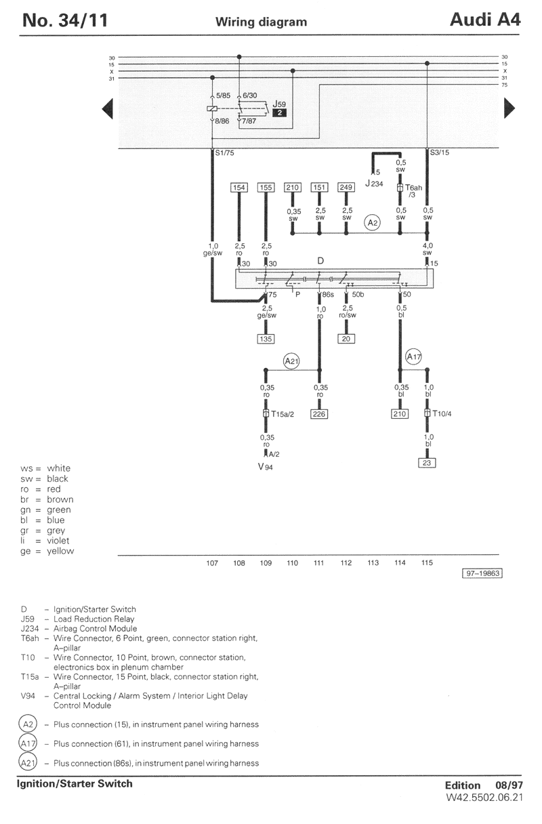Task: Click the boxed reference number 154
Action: coord(238,188)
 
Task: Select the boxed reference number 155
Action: coord(265,188)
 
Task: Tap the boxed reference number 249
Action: coord(346,188)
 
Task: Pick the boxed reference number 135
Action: coord(265,339)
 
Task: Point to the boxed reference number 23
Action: coord(427,463)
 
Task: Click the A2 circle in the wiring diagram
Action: coord(372,222)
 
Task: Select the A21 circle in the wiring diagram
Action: coord(291,362)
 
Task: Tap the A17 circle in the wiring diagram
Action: coord(413,356)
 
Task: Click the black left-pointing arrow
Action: coord(106,108)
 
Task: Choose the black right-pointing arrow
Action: coord(509,108)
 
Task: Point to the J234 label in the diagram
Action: coord(373,183)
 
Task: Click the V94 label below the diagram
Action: coord(266,468)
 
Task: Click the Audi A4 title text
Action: coord(485,20)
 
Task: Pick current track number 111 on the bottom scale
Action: coord(319,562)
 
